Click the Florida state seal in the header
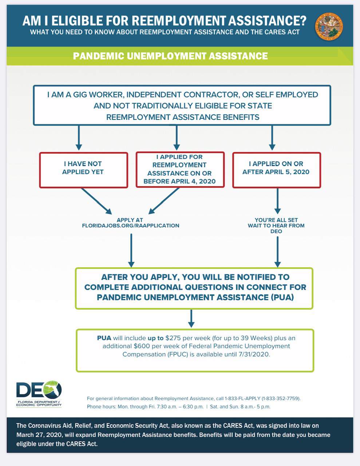coord(329,27)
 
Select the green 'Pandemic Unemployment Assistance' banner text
coord(170,56)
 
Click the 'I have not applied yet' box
coord(83,170)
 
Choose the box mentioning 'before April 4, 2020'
coord(180,170)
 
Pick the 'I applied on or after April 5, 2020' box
coord(276,170)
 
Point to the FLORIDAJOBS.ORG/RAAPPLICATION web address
coord(131,226)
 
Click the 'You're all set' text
coord(276,220)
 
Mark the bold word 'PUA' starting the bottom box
coord(104,338)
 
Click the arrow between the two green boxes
coord(191,319)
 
